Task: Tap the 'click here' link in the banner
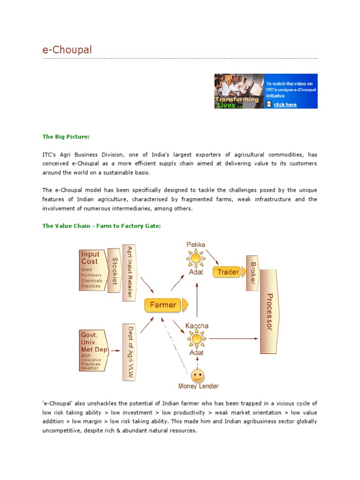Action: pos(285,105)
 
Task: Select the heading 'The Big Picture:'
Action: pos(66,137)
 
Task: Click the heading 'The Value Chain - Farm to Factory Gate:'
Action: pos(102,226)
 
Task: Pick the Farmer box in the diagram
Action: pos(164,305)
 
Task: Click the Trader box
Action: pos(228,272)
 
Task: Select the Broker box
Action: pos(252,272)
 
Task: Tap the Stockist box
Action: pos(114,271)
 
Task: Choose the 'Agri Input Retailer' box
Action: pos(129,271)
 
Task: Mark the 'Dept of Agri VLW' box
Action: pos(129,352)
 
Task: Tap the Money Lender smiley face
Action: pos(198,375)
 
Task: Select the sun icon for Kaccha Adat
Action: pos(196,338)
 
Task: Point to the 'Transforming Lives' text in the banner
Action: pos(237,102)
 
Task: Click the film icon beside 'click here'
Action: pos(269,105)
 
